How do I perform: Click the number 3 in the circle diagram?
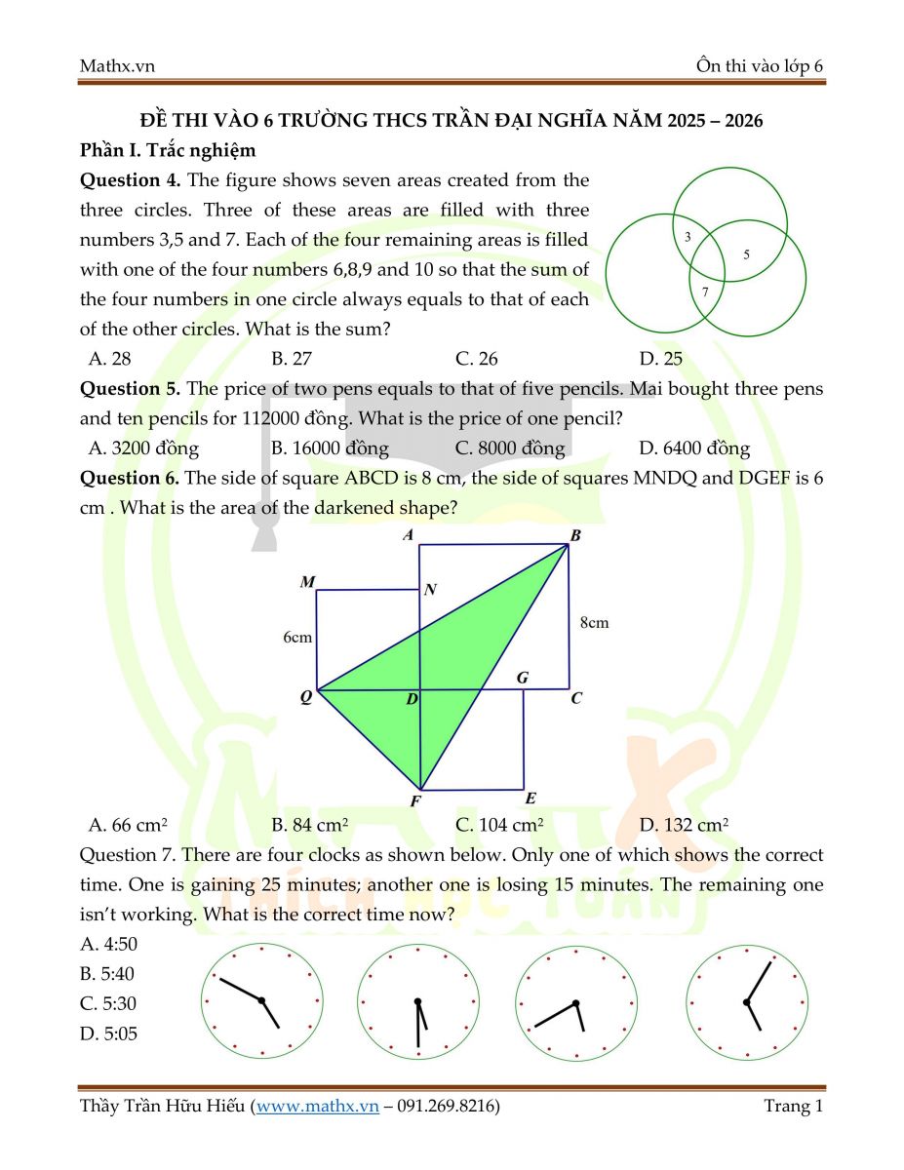coord(688,237)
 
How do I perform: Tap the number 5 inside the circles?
coord(746,254)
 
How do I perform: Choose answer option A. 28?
coord(109,359)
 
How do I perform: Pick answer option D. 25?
coord(660,359)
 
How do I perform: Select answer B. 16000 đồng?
coord(330,448)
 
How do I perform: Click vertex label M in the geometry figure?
coord(307,582)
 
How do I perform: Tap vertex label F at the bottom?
coord(415,801)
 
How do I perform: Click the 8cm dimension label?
coord(593,622)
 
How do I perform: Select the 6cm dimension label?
coord(297,638)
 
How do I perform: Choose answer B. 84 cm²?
coord(310,825)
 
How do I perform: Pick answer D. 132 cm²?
coord(684,825)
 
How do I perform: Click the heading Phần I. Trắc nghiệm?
coord(168,150)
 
